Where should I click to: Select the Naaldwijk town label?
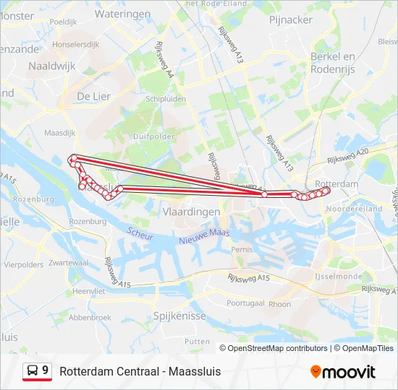[51, 66]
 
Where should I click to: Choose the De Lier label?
[93, 96]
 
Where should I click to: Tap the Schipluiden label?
[166, 99]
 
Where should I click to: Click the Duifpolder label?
[154, 135]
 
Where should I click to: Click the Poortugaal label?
[245, 303]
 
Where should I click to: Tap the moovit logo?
[343, 372]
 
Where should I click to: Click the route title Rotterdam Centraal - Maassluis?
[140, 371]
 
